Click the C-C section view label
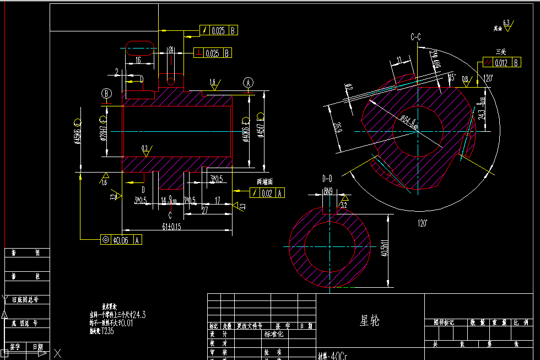415,37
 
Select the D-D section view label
327,178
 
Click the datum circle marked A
249,83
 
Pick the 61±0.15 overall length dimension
171,227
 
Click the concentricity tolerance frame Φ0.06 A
121,239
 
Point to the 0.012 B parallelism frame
501,62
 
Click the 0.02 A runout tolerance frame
267,192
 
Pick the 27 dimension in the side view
205,210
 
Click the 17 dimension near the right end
218,201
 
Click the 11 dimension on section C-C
399,60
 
